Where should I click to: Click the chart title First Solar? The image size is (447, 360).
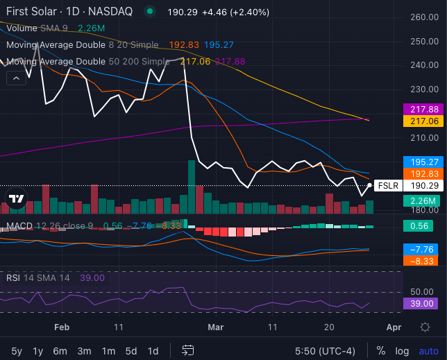[33, 11]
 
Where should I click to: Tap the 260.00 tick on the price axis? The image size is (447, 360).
[422, 17]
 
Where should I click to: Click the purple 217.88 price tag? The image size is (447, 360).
[422, 109]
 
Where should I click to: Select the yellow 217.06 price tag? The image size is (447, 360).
[422, 121]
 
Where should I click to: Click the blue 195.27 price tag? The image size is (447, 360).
[422, 161]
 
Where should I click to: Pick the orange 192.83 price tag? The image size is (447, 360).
[422, 173]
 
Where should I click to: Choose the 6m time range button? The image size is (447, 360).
[60, 350]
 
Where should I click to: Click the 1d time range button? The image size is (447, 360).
[153, 350]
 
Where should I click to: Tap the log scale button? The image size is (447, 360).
[402, 350]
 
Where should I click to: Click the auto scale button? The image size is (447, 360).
[428, 350]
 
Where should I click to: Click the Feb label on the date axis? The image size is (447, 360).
[62, 327]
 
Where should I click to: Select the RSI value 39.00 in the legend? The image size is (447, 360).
[92, 277]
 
